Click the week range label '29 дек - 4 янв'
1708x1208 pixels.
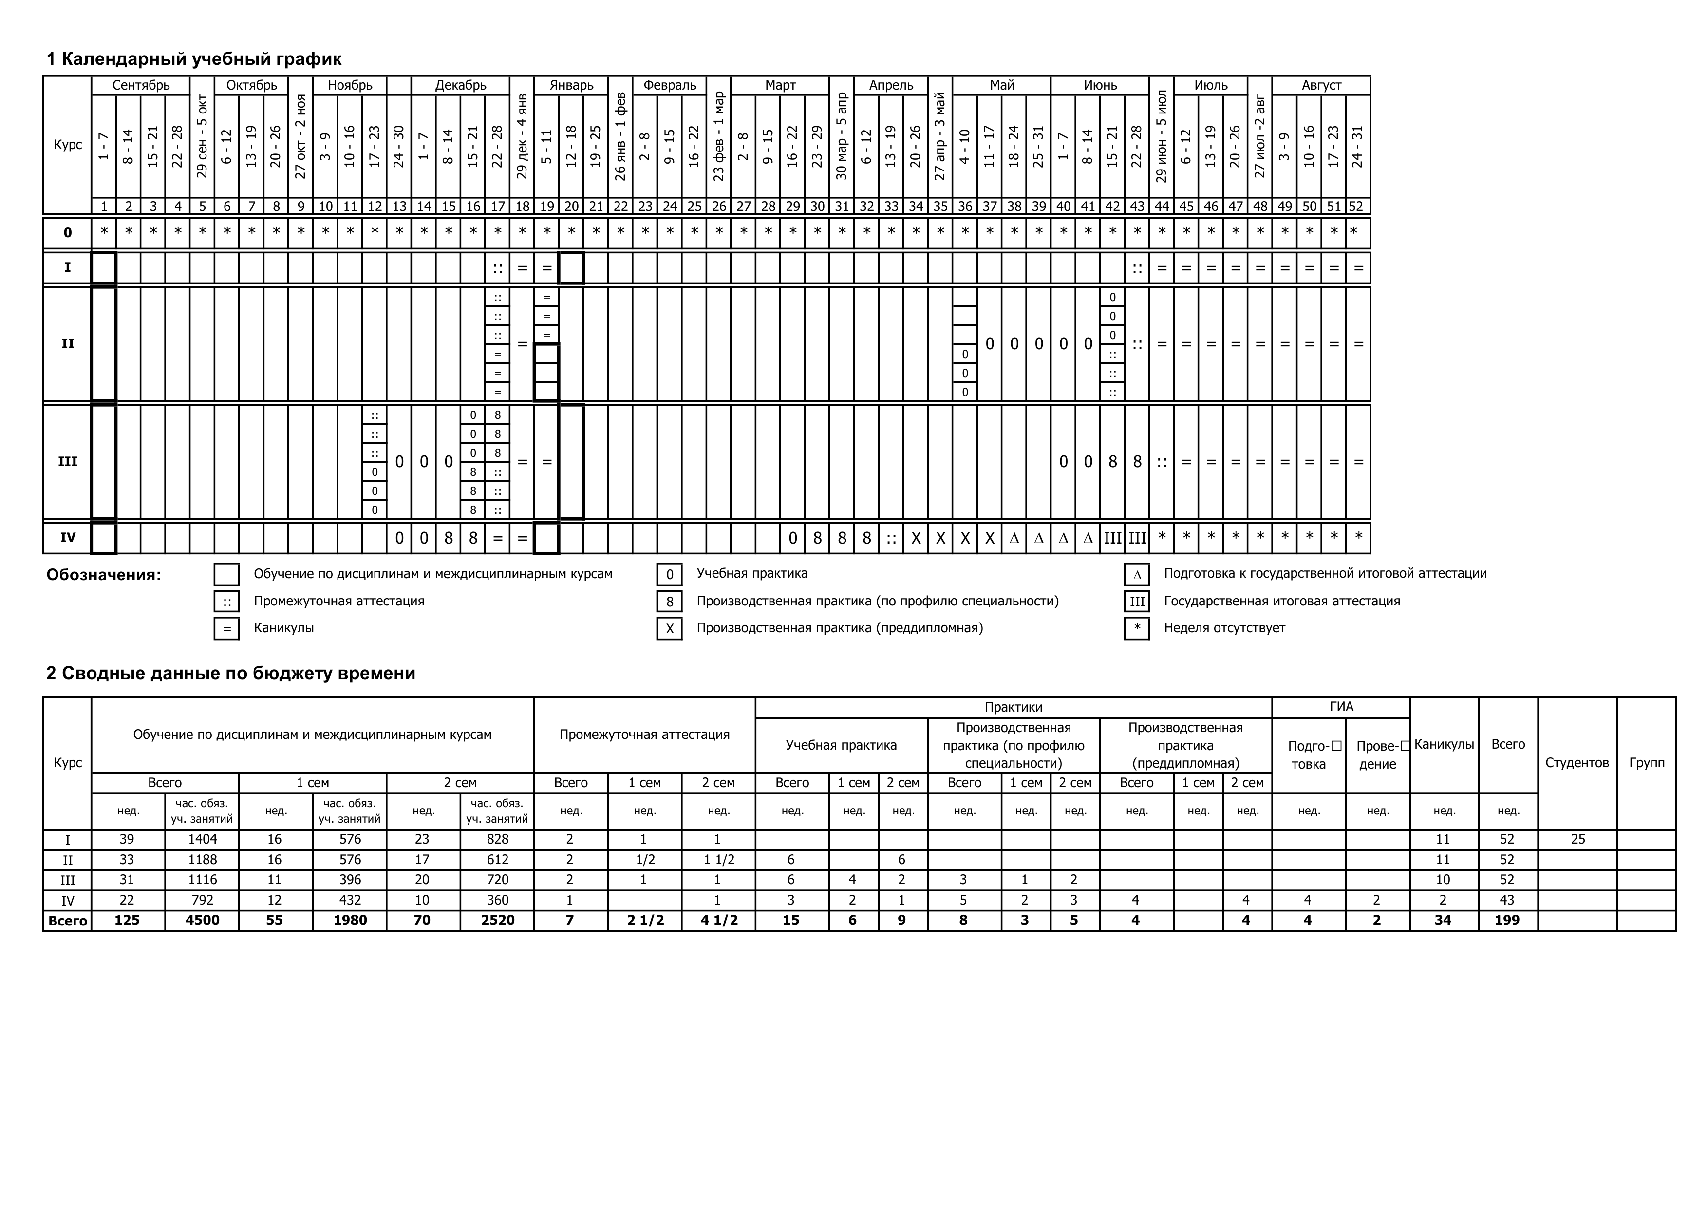click(522, 136)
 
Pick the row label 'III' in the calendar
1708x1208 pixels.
click(68, 462)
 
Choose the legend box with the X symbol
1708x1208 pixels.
click(670, 628)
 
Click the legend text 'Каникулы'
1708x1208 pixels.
click(283, 628)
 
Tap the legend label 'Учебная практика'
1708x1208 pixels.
click(751, 573)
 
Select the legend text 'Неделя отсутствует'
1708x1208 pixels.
click(1224, 628)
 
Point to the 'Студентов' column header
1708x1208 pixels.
click(1577, 762)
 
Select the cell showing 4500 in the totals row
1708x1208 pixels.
click(202, 920)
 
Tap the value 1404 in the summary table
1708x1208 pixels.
click(202, 840)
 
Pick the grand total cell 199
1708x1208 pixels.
click(1507, 920)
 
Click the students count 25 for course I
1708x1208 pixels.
click(1577, 840)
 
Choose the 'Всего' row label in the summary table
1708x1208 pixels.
click(68, 921)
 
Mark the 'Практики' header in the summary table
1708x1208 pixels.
click(1013, 707)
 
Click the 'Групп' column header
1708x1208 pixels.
click(1646, 762)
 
